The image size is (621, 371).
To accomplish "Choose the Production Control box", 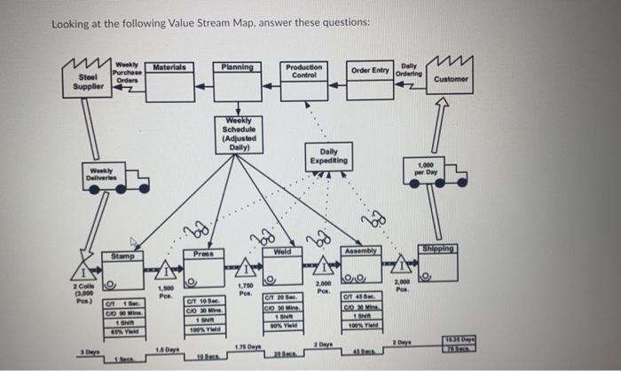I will coord(304,78).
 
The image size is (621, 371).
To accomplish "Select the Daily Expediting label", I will coord(327,158).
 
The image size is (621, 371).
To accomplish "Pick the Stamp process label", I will coord(122,257).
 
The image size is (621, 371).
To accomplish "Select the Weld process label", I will coord(282,253).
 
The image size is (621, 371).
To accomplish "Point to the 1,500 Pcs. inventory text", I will coord(164,292).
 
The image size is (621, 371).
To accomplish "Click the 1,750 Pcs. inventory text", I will coord(246,288).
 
